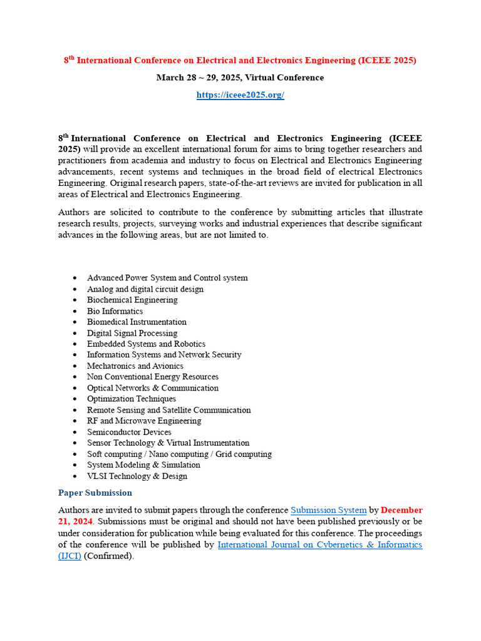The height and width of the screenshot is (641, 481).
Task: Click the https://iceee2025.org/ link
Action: point(240,95)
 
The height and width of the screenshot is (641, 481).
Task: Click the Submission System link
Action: point(329,510)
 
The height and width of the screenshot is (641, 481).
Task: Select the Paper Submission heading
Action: point(95,493)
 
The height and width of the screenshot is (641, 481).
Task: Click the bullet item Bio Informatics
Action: point(115,311)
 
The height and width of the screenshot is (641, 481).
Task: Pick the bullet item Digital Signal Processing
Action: point(132,333)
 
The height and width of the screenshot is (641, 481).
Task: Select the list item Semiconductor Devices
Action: point(129,432)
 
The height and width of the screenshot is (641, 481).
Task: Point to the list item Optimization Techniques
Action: point(132,399)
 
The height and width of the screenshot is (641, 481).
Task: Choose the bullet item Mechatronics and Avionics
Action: point(135,366)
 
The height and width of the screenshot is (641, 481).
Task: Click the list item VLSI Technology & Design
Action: point(137,476)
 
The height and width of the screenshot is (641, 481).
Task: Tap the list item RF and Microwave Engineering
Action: point(144,421)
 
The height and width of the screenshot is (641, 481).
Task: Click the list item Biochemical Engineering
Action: point(132,300)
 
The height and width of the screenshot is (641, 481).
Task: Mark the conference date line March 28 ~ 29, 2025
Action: point(240,78)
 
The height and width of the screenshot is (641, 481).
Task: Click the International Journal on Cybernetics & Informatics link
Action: point(319,545)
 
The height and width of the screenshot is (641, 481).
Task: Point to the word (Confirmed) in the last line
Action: point(109,556)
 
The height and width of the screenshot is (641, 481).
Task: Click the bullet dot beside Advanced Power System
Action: point(75,278)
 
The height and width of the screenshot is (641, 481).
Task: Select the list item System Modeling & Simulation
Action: point(143,465)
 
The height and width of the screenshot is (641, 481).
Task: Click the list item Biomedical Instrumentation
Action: point(137,322)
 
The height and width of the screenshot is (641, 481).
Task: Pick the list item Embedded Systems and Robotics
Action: point(146,344)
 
